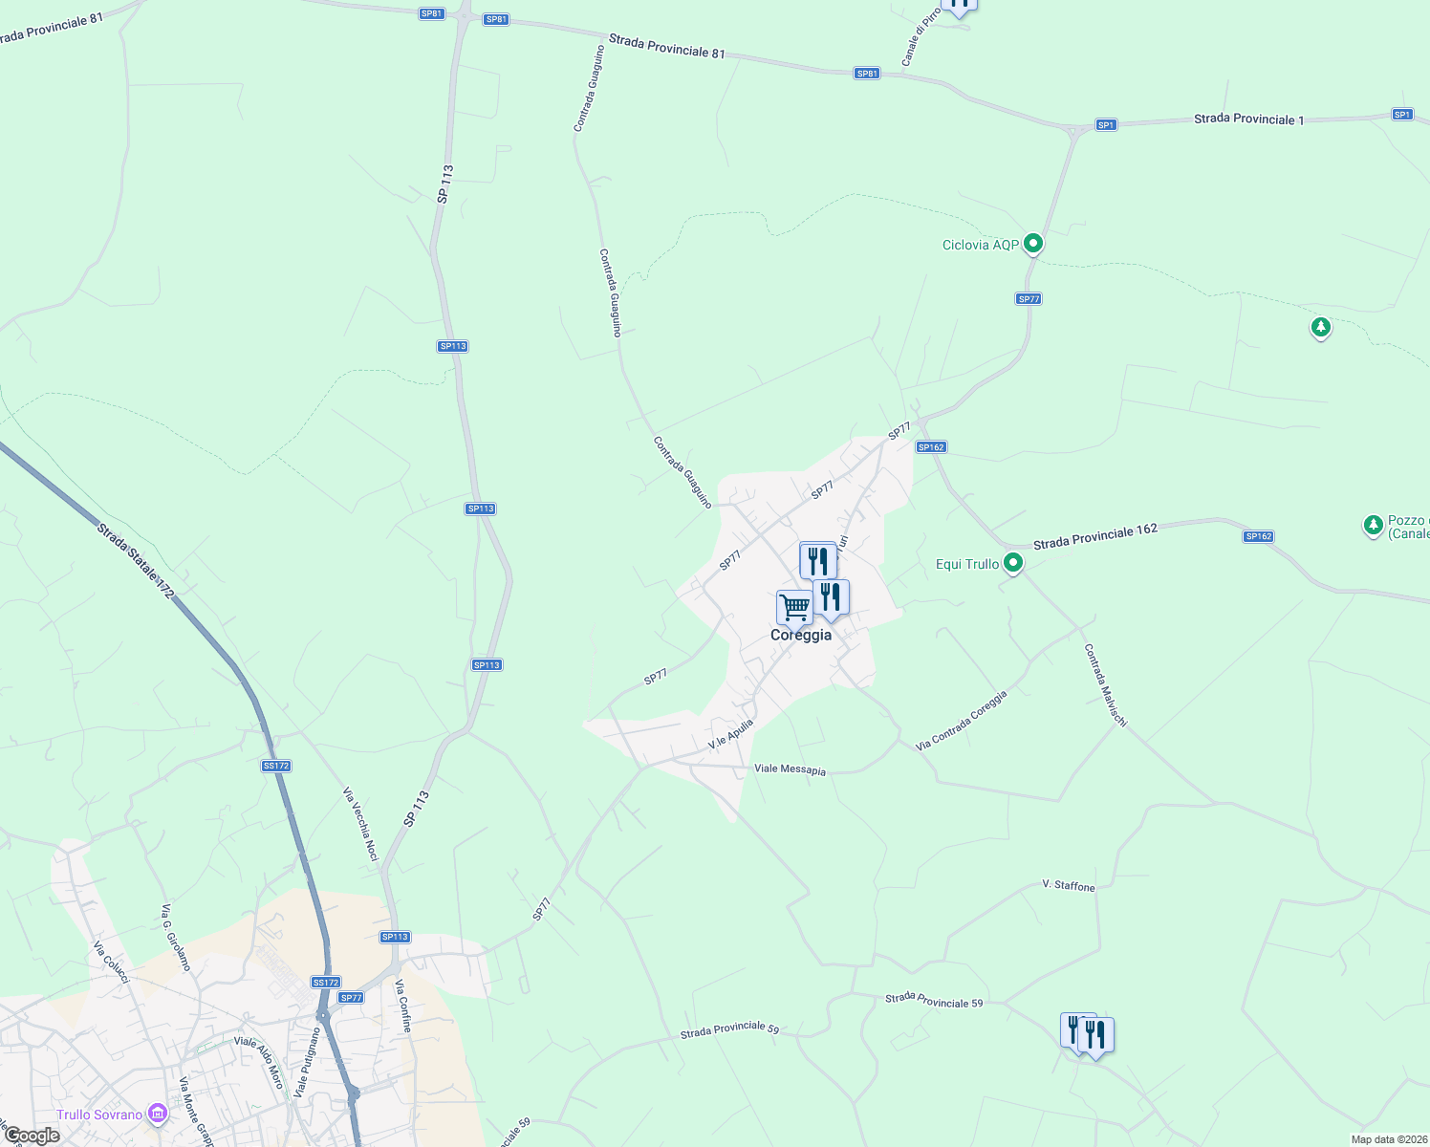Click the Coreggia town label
pos(801,636)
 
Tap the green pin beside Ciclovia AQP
pos(1032,244)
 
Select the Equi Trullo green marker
pos(1013,563)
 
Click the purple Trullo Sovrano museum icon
pos(158,1114)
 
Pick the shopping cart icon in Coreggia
pos(793,607)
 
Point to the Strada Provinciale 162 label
pos(1095,536)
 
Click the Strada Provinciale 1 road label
pos(1248,119)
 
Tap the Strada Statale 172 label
pos(136,561)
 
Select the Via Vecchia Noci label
pos(360,824)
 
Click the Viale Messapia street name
pos(790,769)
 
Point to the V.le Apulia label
pos(730,734)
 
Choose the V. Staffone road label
pos(1069,886)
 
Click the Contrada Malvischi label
pos(1104,684)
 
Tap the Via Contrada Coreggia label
pos(961,721)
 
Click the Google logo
pos(32,1136)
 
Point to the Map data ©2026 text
pos(1388,1139)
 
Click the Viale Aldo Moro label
pos(260,1062)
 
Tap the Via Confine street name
pos(403,1006)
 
